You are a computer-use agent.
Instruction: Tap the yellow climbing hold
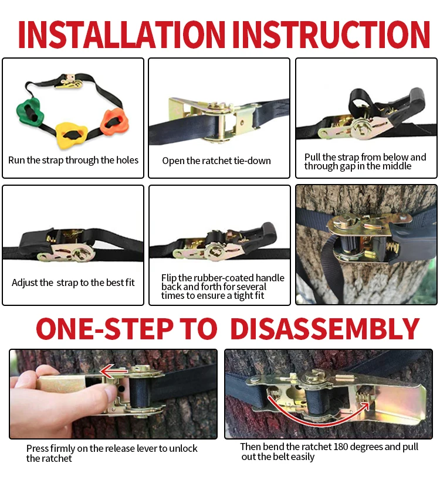click(71, 135)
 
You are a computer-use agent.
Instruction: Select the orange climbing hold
click(114, 121)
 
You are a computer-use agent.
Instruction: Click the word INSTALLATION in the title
click(121, 34)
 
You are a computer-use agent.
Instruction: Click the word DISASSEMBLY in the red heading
click(325, 329)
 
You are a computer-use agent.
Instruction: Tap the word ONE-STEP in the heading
click(104, 329)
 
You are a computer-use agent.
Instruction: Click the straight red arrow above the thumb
click(114, 370)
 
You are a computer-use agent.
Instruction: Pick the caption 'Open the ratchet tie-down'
click(216, 161)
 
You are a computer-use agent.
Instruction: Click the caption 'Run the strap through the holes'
click(73, 160)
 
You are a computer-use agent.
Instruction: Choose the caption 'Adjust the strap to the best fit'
click(73, 282)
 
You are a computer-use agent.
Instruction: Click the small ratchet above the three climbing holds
click(70, 81)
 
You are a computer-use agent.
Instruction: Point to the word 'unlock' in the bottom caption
click(182, 448)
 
